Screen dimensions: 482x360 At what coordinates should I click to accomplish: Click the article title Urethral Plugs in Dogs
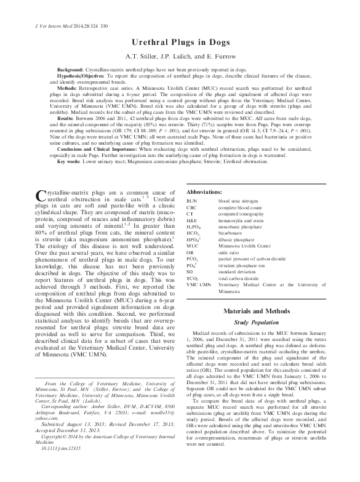click(x=180, y=42)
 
